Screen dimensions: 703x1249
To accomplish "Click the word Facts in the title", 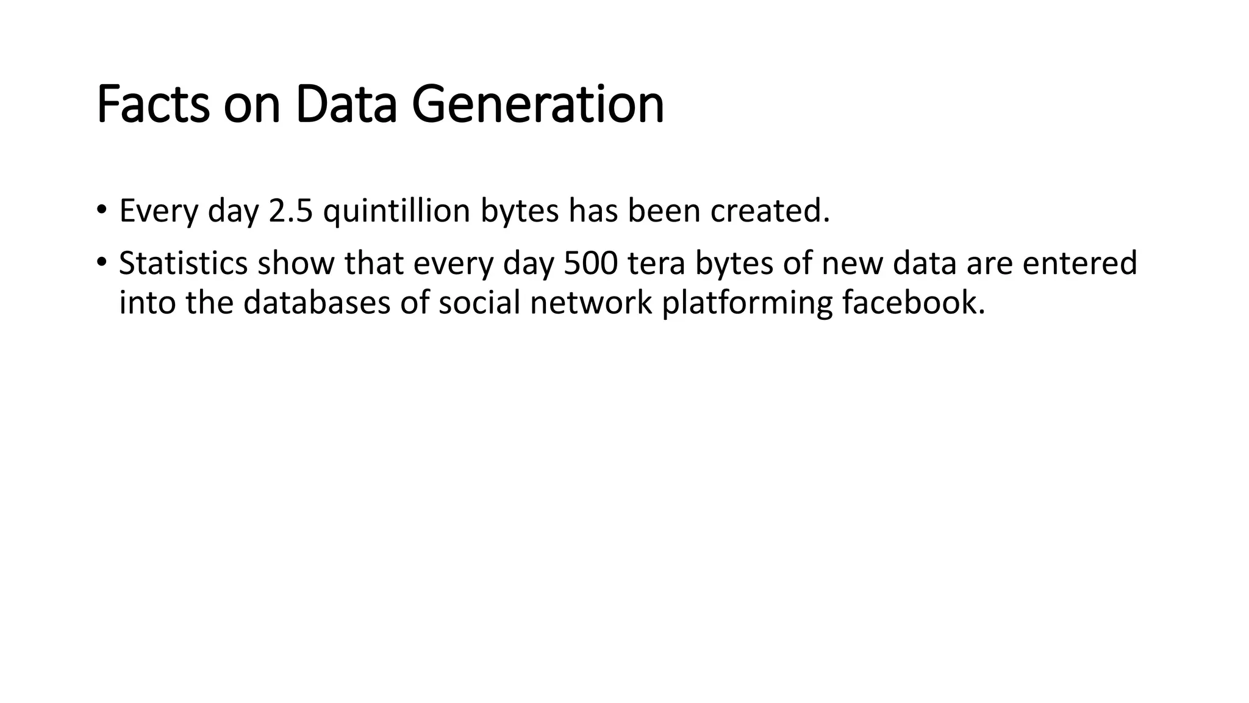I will point(153,105).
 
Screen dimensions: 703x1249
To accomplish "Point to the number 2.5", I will point(291,211).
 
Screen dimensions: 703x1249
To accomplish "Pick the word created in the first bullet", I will point(770,211).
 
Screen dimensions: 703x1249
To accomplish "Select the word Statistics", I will point(183,264).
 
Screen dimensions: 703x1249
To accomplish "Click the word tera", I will point(656,264).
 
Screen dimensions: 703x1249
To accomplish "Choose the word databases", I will point(317,303).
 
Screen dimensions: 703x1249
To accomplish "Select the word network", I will point(591,303).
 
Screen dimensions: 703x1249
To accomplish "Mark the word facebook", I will point(914,303).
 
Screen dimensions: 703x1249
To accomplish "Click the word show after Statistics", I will point(296,264).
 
